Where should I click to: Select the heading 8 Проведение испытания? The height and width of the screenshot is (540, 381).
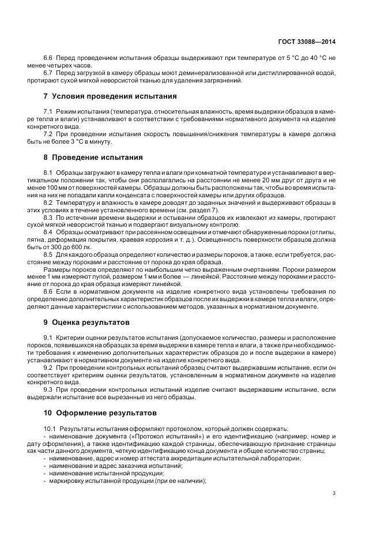click(x=94, y=157)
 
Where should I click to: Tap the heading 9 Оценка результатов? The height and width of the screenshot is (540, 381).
click(x=86, y=321)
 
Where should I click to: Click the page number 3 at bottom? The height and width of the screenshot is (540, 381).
click(x=334, y=493)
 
